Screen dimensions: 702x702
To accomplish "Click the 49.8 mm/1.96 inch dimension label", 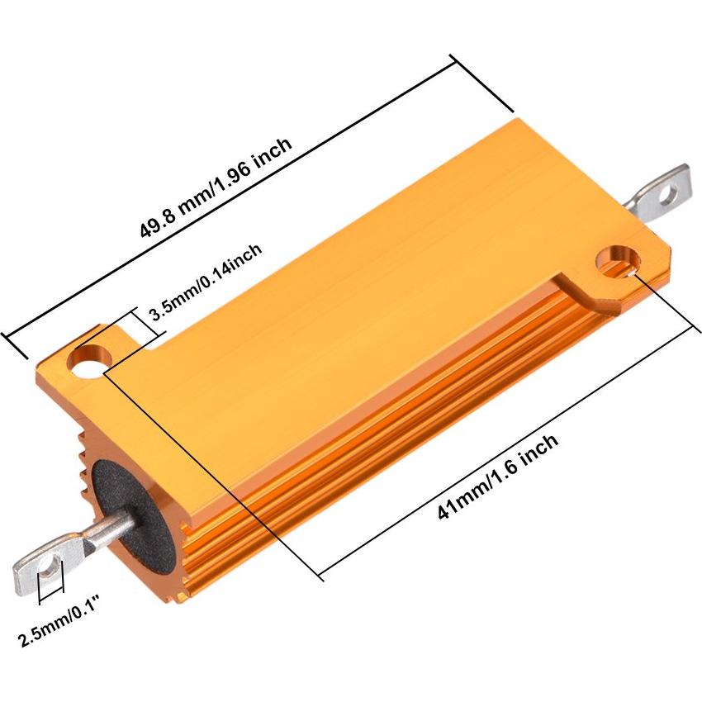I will (x=217, y=188).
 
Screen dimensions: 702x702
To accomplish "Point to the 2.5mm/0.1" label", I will (x=54, y=630).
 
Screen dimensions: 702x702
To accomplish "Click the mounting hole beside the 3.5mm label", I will (x=90, y=361).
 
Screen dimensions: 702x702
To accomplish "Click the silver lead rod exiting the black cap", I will (x=107, y=529).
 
